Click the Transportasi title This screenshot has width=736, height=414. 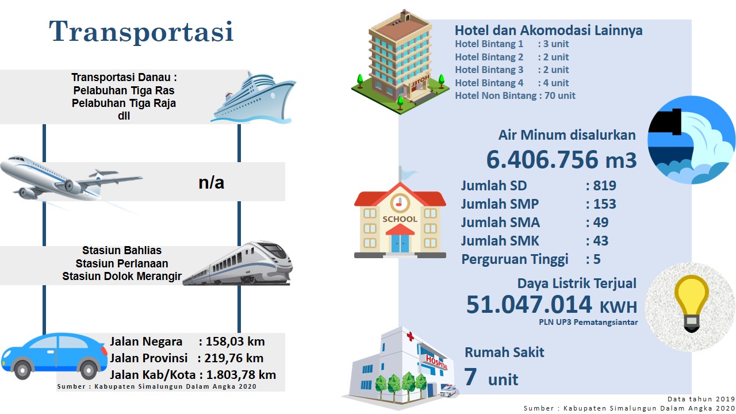tap(141, 32)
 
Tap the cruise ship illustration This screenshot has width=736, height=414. tap(254, 98)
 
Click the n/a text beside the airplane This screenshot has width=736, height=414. tap(211, 183)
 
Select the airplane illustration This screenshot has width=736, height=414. tap(71, 179)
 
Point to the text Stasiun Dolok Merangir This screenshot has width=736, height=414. tap(122, 277)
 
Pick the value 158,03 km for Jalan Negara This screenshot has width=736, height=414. tap(235, 342)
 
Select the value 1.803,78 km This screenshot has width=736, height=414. tap(241, 375)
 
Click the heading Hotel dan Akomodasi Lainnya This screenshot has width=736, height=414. tap(549, 30)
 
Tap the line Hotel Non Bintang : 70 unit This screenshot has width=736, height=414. tap(515, 95)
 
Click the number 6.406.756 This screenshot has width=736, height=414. tap(542, 160)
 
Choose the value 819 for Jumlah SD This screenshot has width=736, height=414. tap(604, 186)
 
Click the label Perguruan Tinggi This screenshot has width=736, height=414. tap(515, 259)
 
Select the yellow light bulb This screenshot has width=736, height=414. tap(691, 303)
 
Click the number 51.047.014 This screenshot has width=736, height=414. tap(529, 305)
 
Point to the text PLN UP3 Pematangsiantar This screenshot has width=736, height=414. tap(588, 323)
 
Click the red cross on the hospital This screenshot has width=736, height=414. tap(410, 336)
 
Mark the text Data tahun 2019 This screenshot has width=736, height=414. tap(701, 399)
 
